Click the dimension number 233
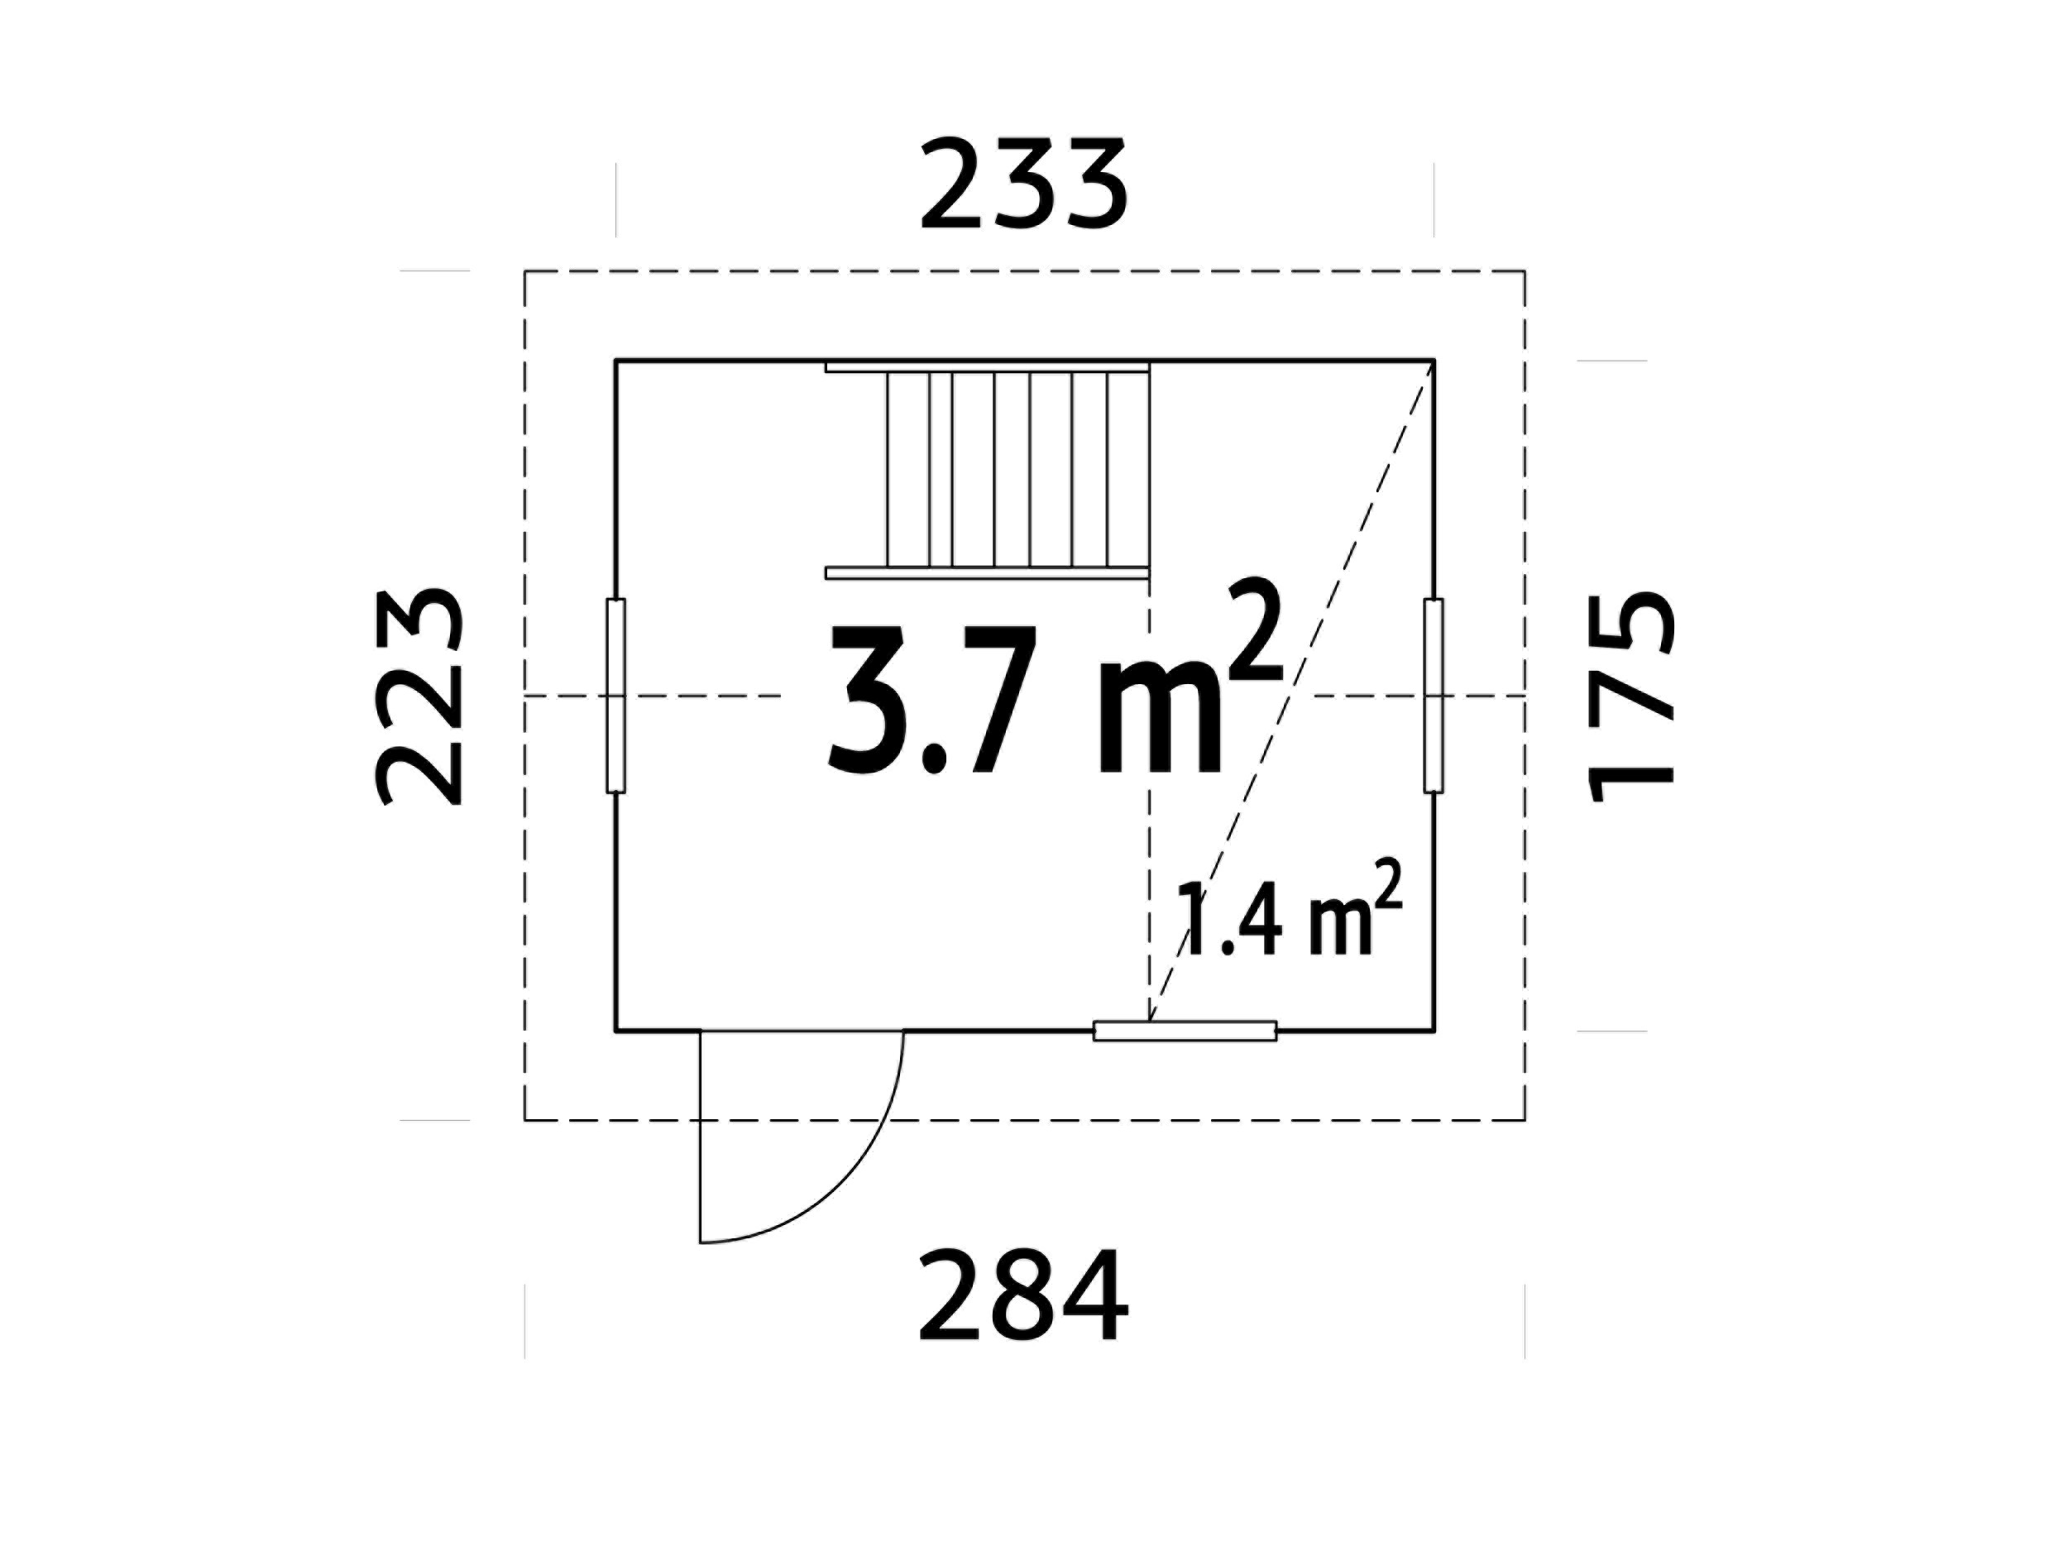(1025, 184)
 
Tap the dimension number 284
(1024, 1295)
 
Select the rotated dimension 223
(418, 697)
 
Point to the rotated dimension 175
(1630, 697)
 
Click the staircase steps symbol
(987, 470)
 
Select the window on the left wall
(615, 697)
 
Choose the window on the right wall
(1434, 697)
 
